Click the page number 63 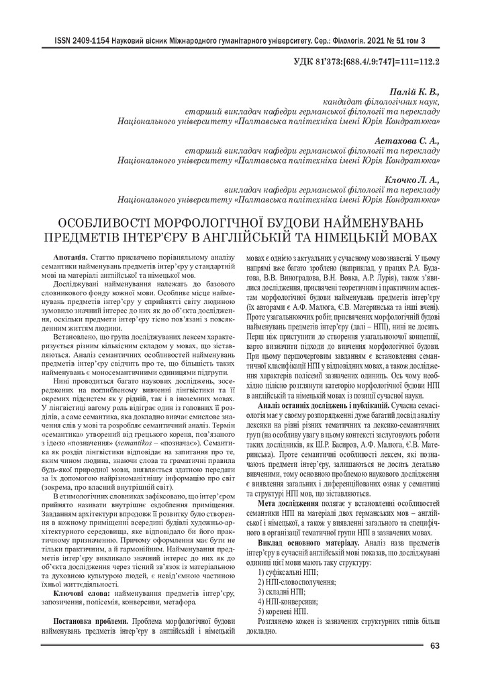pyautogui.click(x=434, y=645)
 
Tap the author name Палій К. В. pyautogui.click(x=414, y=91)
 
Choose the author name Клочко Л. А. pyautogui.click(x=411, y=180)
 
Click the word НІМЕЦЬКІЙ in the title pyautogui.click(x=346, y=237)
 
